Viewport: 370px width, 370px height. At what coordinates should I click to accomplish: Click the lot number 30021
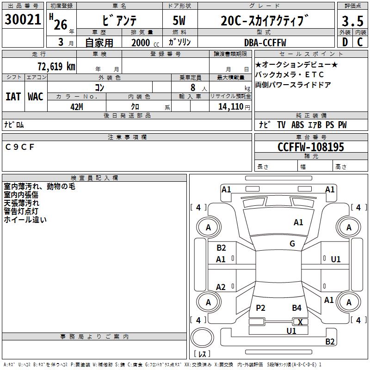[x=23, y=20]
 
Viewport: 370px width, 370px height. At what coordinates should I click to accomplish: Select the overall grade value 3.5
[x=352, y=21]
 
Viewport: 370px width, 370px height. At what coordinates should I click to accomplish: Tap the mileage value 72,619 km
[x=55, y=66]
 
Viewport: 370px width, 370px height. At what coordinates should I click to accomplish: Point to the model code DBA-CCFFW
[x=265, y=43]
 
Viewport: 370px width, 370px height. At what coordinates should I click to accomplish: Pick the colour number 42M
[x=76, y=106]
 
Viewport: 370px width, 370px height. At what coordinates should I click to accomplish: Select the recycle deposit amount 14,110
[x=230, y=106]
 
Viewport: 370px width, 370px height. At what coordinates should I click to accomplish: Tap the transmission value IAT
[x=13, y=96]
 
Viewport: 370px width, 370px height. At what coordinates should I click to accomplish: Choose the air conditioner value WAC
[x=35, y=96]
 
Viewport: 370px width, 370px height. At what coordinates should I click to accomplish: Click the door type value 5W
[x=179, y=21]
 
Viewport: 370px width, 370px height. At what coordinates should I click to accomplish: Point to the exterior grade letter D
[x=345, y=43]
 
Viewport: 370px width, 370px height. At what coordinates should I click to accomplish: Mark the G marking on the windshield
[x=292, y=244]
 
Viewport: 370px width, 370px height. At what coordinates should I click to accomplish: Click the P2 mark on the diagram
[x=260, y=308]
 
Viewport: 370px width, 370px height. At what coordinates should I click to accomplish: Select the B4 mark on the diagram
[x=296, y=308]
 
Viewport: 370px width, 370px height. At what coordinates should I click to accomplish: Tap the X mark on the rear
[x=300, y=322]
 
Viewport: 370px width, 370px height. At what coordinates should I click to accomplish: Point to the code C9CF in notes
[x=20, y=147]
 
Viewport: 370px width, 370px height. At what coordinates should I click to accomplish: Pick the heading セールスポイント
[x=299, y=54]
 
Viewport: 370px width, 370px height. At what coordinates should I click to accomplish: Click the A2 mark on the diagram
[x=221, y=287]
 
